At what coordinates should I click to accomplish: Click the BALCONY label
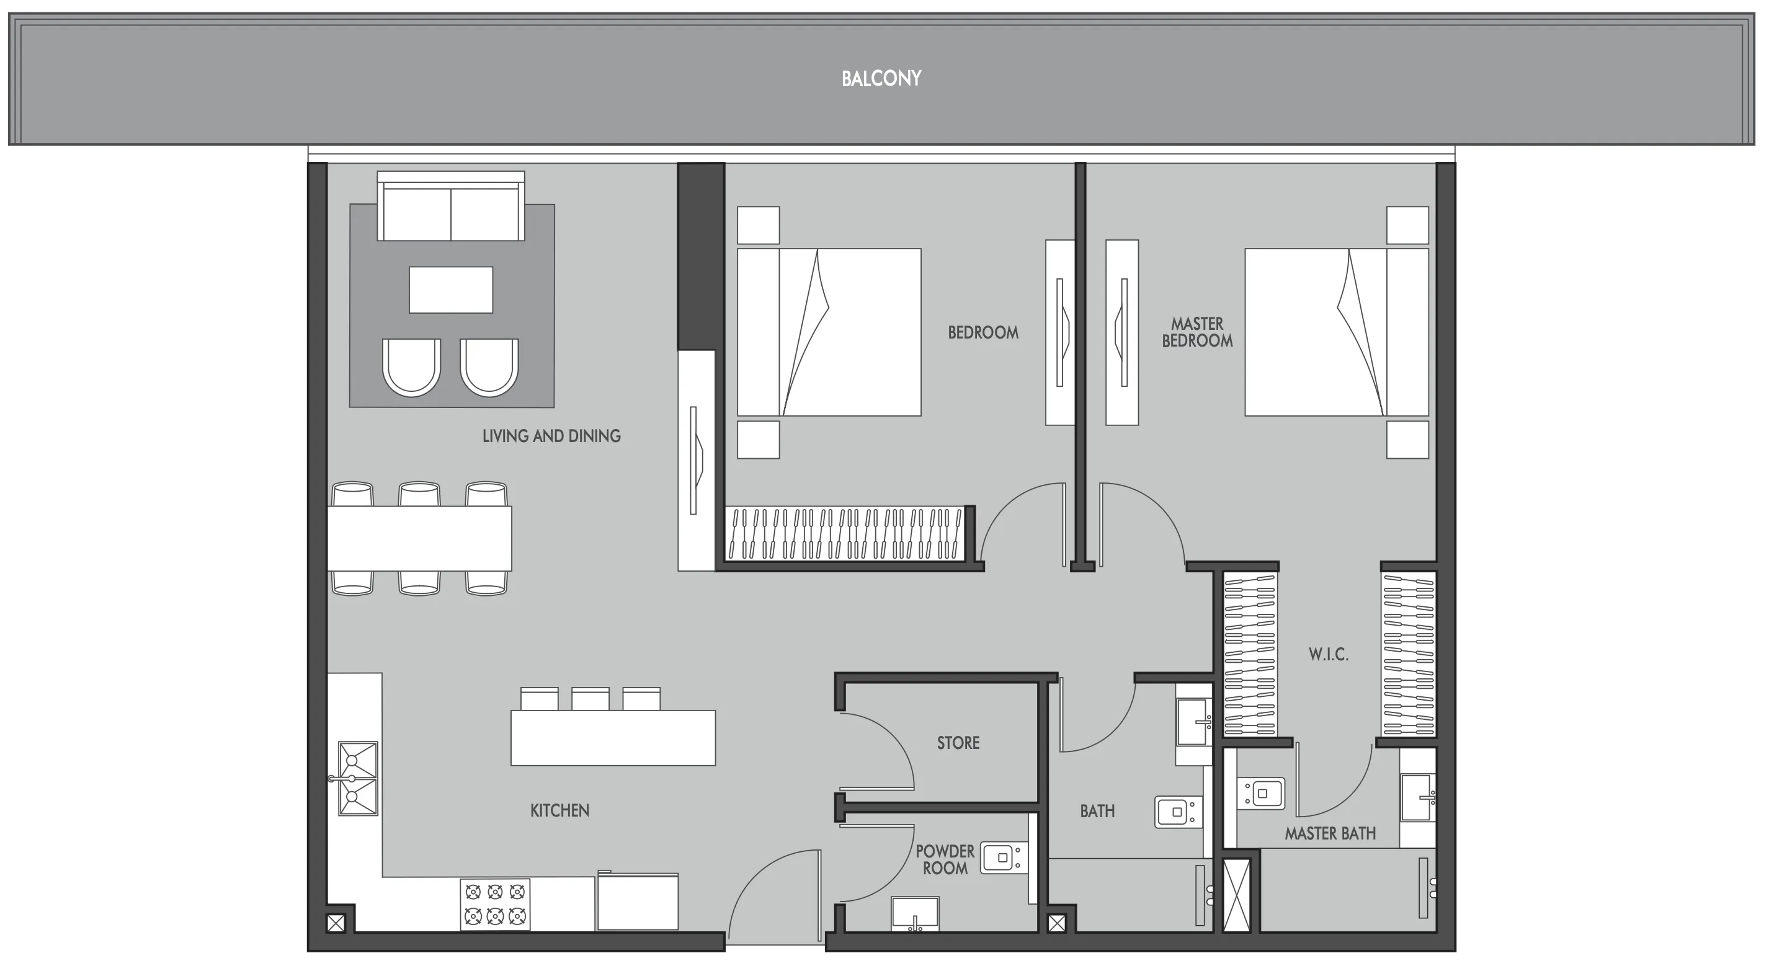pyautogui.click(x=881, y=79)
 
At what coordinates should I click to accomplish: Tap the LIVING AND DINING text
pyautogui.click(x=551, y=436)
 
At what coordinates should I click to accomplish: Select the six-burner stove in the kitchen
pyautogui.click(x=495, y=904)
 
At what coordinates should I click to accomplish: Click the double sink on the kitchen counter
pyautogui.click(x=358, y=779)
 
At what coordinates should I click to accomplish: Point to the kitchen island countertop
pyautogui.click(x=613, y=738)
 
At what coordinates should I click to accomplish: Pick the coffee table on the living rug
pyautogui.click(x=450, y=290)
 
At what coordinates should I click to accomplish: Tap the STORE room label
pyautogui.click(x=958, y=743)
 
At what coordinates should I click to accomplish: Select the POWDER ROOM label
pyautogui.click(x=944, y=859)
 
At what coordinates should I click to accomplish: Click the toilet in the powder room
pyautogui.click(x=1000, y=857)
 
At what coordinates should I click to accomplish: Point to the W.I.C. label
pyautogui.click(x=1328, y=654)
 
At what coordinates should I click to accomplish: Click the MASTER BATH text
pyautogui.click(x=1330, y=833)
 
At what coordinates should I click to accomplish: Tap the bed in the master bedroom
pyautogui.click(x=1335, y=332)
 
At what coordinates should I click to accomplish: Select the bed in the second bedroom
pyautogui.click(x=829, y=332)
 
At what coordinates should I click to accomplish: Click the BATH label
pyautogui.click(x=1097, y=812)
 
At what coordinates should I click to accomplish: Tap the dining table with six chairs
pyautogui.click(x=419, y=538)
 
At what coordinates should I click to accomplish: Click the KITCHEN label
pyautogui.click(x=559, y=811)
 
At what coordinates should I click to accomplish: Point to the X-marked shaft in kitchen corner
pyautogui.click(x=336, y=923)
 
